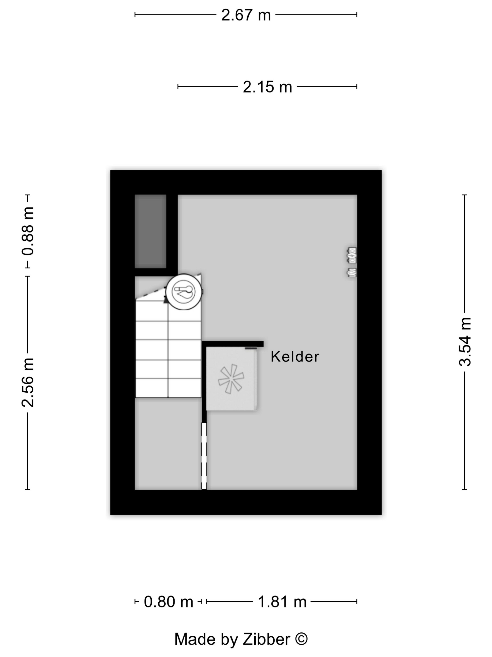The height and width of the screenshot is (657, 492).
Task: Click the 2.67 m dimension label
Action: point(246,15)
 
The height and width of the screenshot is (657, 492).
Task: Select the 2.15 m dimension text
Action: point(267,87)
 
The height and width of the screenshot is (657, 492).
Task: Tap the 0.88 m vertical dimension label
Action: point(28,231)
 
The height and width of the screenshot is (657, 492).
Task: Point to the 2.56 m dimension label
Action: point(28,382)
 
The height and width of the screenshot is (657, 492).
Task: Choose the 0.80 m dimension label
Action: point(168,602)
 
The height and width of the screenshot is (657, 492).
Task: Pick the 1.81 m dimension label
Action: point(282,602)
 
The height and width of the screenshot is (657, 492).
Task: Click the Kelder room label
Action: point(295,356)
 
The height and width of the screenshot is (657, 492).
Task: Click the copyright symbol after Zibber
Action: point(301,639)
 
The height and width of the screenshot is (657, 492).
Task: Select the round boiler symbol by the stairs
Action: point(184,292)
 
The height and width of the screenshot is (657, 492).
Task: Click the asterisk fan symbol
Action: point(231,379)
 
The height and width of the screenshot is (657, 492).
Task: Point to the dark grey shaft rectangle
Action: point(150,231)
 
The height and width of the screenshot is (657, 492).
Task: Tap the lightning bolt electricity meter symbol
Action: point(352,255)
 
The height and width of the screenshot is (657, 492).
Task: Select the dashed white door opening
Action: point(204,456)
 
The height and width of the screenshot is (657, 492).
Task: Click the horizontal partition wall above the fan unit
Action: point(233,344)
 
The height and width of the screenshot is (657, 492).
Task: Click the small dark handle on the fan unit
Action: point(251,348)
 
